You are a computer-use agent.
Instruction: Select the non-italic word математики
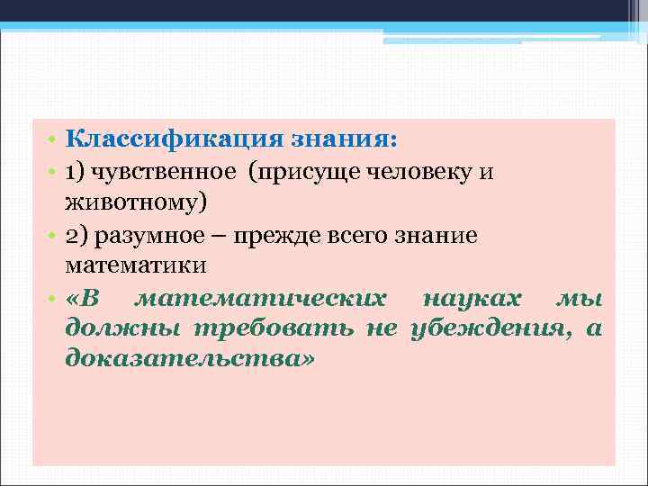(x=136, y=265)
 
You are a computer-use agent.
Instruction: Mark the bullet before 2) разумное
(x=53, y=236)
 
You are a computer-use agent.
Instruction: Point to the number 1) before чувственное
(x=76, y=171)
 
